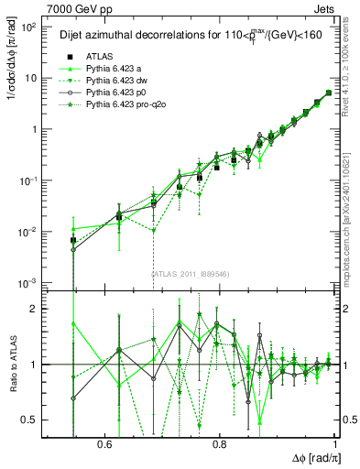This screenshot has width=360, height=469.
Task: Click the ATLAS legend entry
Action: click(101, 56)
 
